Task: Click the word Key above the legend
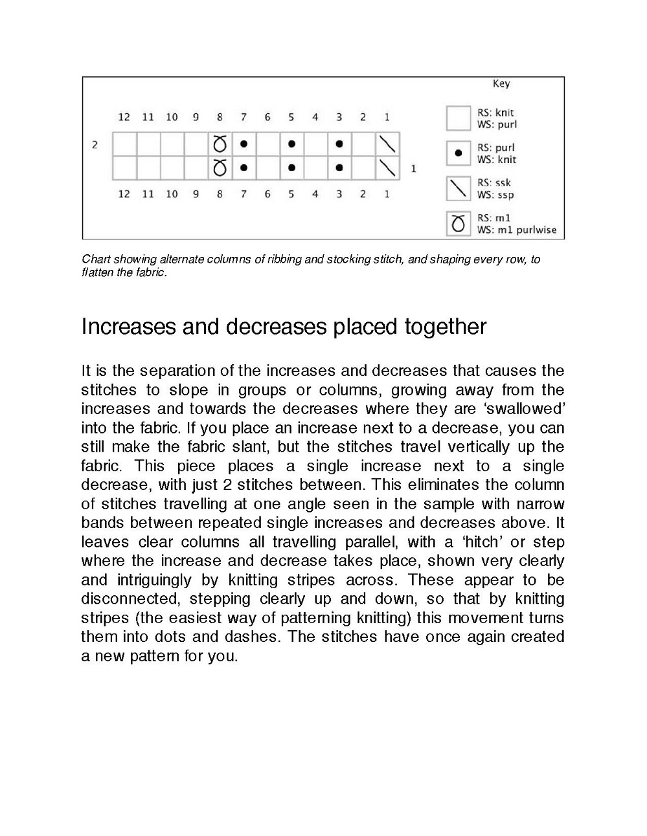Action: pos(501,83)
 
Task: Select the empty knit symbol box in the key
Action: pos(458,118)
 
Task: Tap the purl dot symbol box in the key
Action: pos(458,153)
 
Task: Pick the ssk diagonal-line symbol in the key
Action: pos(458,189)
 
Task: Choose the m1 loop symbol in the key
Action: pos(458,224)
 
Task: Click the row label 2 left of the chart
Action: pos(95,144)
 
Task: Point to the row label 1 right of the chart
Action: pos(413,169)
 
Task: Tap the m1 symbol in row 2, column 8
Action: pos(220,144)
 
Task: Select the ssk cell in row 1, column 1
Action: pos(387,168)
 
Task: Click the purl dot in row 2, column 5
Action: pos(291,144)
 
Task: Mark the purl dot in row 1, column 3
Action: pos(339,168)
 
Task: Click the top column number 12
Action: pos(124,117)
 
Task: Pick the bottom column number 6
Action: pos(267,194)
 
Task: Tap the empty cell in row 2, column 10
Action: pos(172,144)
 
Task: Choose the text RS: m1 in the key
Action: pos(494,219)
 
